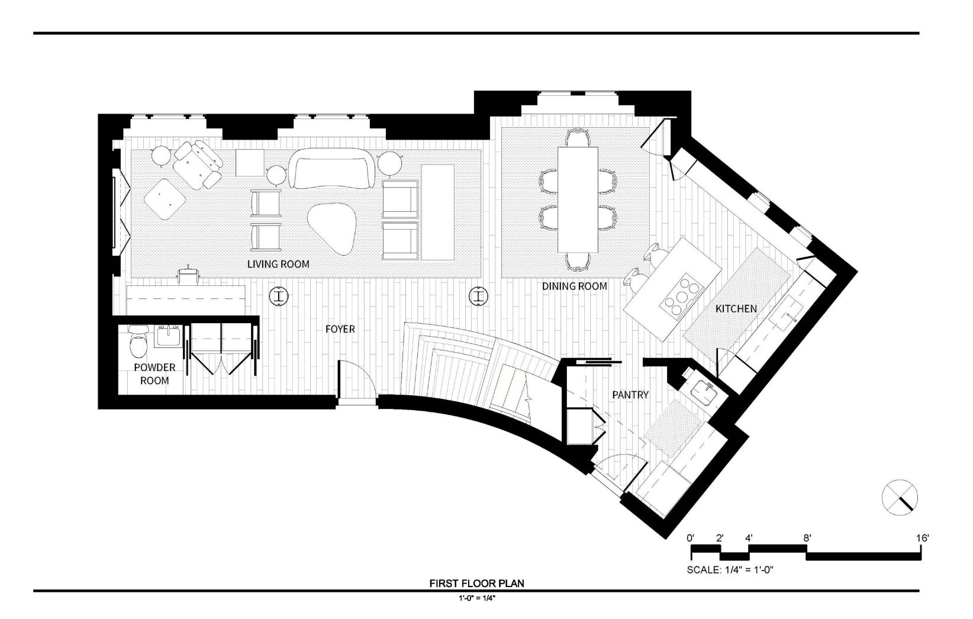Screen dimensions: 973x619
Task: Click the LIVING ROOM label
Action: [278, 264]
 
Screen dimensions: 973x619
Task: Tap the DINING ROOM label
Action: [574, 286]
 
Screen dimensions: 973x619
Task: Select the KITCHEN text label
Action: [736, 309]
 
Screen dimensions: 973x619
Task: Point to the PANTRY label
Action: [630, 395]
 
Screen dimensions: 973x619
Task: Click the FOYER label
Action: [340, 329]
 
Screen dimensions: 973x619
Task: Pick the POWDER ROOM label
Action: [154, 374]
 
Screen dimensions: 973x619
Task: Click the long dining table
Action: [577, 199]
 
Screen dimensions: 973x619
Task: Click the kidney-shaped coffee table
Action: [332, 228]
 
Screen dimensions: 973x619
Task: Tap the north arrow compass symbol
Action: [900, 498]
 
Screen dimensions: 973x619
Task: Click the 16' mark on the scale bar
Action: [923, 538]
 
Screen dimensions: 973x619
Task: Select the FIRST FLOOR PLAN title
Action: [476, 583]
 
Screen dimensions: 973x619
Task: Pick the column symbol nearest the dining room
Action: [478, 296]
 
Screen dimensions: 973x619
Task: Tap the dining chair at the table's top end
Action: [577, 138]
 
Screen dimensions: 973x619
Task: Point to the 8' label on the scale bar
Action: [807, 538]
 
